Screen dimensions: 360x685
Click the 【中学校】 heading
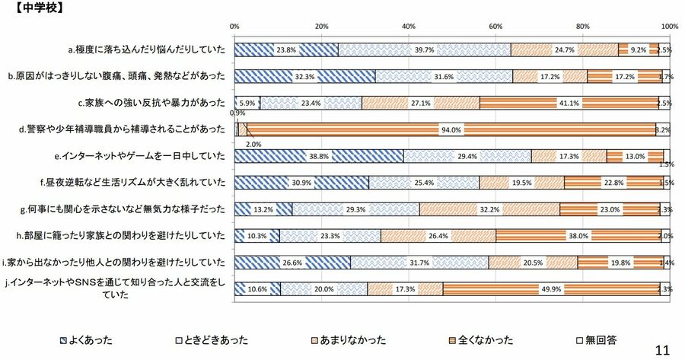[35, 9]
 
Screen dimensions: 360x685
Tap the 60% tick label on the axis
[495, 26]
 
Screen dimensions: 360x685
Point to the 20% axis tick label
[321, 26]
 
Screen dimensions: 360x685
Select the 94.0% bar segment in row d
[451, 129]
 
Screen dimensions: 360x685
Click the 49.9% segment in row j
[551, 288]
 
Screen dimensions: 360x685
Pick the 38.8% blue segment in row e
[319, 156]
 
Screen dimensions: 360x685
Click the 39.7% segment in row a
[424, 50]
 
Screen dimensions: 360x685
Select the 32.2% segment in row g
[489, 209]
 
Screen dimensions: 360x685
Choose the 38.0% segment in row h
[578, 236]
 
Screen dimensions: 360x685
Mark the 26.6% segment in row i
[292, 263]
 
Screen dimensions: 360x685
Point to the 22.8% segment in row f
[613, 183]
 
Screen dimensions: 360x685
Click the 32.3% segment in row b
[304, 76]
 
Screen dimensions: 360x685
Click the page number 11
[661, 349]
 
